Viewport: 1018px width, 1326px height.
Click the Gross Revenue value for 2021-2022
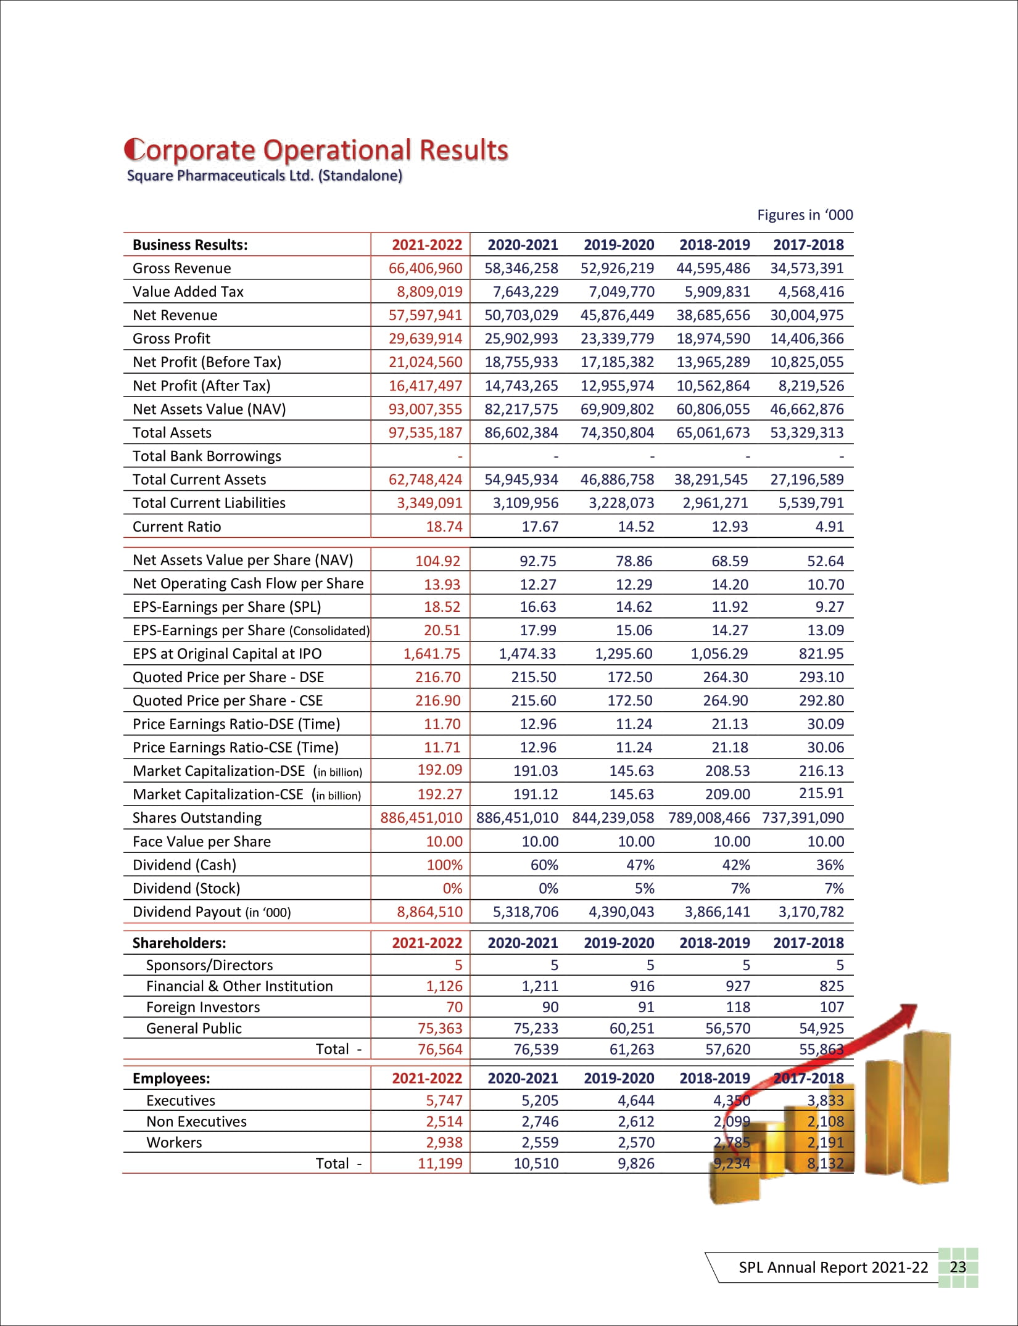pyautogui.click(x=425, y=268)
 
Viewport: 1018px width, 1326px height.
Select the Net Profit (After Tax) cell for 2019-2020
pyautogui.click(x=617, y=385)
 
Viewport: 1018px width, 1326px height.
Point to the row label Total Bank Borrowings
pyautogui.click(x=207, y=456)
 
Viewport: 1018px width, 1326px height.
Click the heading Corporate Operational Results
pyautogui.click(x=317, y=150)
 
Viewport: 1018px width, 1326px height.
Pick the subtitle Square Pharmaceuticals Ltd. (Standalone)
pyautogui.click(x=264, y=176)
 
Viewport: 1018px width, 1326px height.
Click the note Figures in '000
pyautogui.click(x=805, y=215)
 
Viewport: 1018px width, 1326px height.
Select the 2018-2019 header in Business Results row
pyautogui.click(x=714, y=245)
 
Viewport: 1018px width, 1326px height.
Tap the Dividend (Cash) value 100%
pyautogui.click(x=444, y=865)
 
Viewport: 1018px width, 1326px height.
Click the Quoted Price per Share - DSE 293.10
pyautogui.click(x=821, y=677)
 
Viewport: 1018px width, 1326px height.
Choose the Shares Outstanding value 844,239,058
pyautogui.click(x=613, y=818)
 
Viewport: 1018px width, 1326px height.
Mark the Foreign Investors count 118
pyautogui.click(x=737, y=1007)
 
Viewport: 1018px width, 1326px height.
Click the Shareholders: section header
pyautogui.click(x=179, y=943)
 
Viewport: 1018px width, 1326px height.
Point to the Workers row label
pyautogui.click(x=174, y=1142)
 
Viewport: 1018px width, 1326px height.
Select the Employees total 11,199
pyautogui.click(x=440, y=1163)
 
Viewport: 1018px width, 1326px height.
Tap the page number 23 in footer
pyautogui.click(x=958, y=1267)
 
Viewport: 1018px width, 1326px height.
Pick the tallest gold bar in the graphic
pyautogui.click(x=925, y=1104)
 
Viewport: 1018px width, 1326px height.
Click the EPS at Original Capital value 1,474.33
pyautogui.click(x=527, y=654)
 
